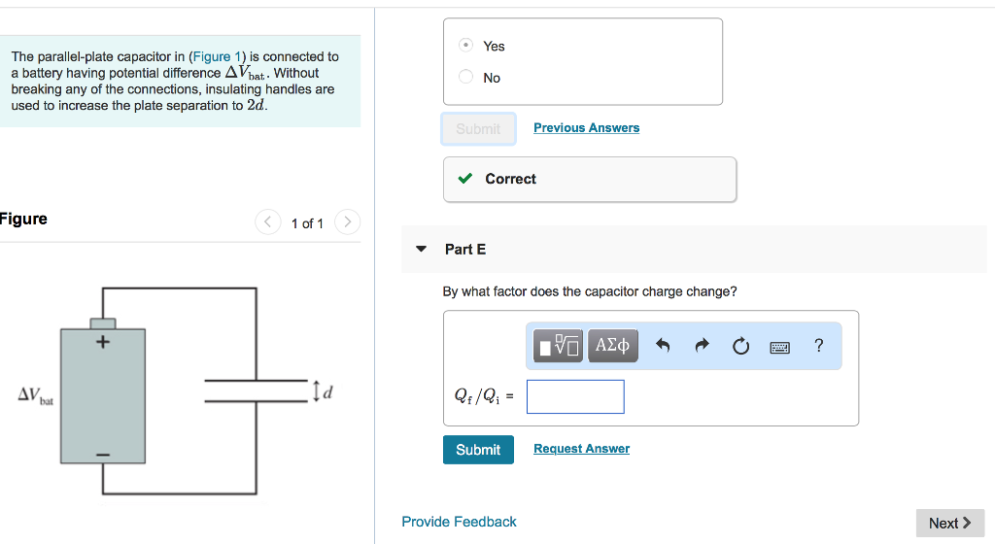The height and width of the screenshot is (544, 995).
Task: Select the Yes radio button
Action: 466,46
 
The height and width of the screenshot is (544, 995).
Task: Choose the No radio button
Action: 466,78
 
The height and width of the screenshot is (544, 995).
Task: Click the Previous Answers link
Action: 586,128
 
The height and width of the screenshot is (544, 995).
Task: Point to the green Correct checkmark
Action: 465,179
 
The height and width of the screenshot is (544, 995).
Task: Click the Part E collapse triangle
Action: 421,250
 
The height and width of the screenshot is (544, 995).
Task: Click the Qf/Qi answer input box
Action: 575,396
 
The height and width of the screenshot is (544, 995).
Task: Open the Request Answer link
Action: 581,449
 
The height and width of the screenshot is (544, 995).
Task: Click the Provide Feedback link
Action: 459,522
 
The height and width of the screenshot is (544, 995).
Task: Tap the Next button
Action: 949,523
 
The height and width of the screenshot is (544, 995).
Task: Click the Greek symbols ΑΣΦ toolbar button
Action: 612,345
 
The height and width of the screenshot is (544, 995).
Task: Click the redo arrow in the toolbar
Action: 703,345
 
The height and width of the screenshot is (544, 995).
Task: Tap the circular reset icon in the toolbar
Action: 741,345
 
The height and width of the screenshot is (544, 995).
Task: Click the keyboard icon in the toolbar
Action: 780,346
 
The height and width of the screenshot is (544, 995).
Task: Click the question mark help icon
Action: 819,345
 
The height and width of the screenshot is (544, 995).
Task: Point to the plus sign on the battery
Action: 102,342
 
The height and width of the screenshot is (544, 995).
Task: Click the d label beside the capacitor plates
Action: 327,392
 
